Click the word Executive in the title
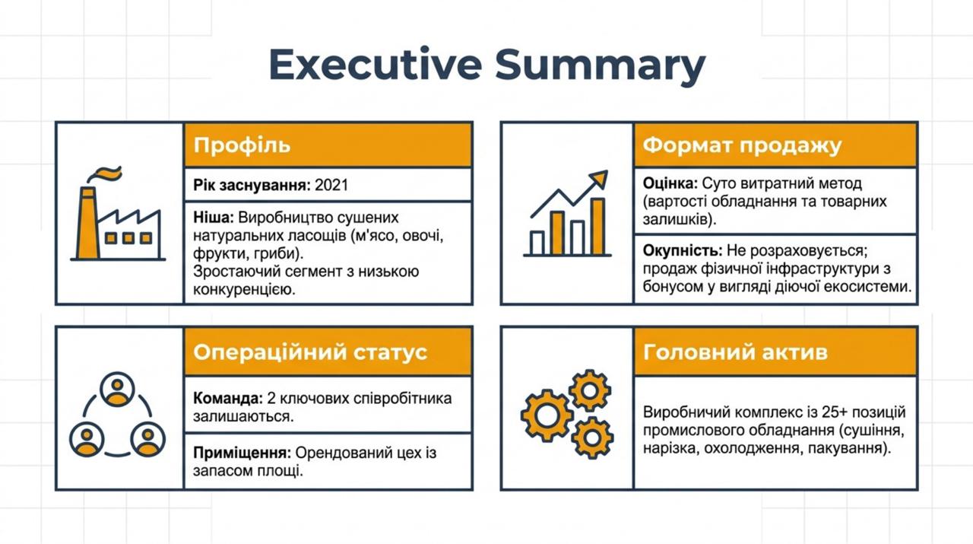coord(376,65)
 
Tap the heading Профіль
coord(242,145)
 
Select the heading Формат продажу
coord(742,145)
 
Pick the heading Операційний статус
coord(310,352)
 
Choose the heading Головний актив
coord(735,352)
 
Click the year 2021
coord(331,185)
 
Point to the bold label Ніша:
coord(214,218)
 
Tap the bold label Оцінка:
coord(670,183)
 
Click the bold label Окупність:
coord(683,251)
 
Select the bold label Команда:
coord(227,399)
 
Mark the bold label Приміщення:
coord(242,453)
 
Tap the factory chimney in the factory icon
coord(87,224)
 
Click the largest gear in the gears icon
coord(547,415)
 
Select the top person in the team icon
coord(117,390)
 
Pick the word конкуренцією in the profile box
coord(244,290)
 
